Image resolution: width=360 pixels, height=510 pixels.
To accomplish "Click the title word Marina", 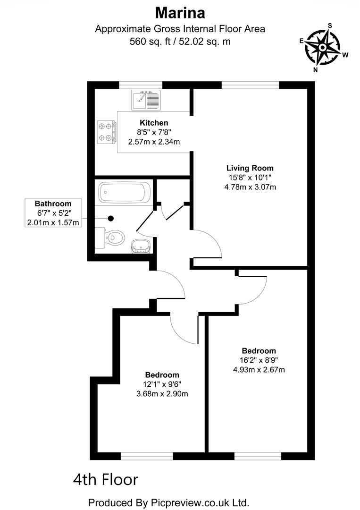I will (180, 11).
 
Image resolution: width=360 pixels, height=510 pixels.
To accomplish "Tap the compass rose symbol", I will (323, 47).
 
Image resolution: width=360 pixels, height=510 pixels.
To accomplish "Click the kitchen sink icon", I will (147, 99).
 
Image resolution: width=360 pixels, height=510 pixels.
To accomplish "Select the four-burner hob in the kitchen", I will (107, 132).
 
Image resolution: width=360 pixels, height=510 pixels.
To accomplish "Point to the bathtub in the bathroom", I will (124, 193).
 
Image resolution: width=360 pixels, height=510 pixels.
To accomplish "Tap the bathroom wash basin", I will (140, 246).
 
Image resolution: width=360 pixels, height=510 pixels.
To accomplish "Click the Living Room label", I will (250, 168).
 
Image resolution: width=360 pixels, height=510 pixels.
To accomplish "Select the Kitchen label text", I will (154, 123).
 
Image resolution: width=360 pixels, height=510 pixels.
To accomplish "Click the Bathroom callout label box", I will (53, 213).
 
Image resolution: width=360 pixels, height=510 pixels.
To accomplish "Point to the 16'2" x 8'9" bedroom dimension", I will (259, 360).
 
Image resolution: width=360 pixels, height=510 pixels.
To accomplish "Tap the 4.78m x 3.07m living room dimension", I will (250, 187).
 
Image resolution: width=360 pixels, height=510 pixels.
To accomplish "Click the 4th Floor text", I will (106, 480).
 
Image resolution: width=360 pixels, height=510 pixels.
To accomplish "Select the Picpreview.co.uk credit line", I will (168, 501).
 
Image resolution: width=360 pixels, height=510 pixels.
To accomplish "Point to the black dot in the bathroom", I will (111, 218).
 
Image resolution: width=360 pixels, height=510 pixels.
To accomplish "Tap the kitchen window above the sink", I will (141, 85).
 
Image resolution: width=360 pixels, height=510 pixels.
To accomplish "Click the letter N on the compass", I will (315, 69).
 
